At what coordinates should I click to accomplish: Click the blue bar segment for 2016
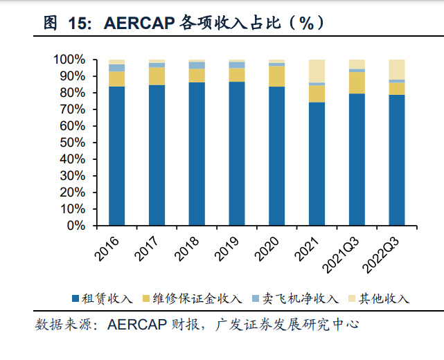[x=116, y=156]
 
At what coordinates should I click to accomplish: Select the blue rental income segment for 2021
[x=317, y=163]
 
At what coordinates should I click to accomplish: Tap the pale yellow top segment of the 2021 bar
[x=317, y=71]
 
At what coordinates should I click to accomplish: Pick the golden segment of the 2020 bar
[x=276, y=76]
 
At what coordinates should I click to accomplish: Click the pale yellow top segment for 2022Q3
[x=397, y=69]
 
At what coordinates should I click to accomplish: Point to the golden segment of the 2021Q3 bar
[x=357, y=82]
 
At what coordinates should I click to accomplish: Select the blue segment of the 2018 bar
[x=197, y=154]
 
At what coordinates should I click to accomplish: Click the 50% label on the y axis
[x=72, y=143]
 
